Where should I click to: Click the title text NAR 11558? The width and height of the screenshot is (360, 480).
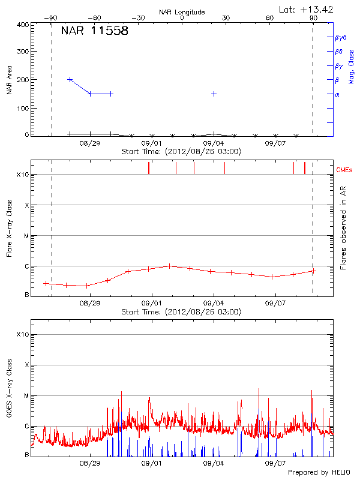(x=94, y=32)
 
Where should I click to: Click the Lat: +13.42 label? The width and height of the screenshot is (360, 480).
(x=307, y=9)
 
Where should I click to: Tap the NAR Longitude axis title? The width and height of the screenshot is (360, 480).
(x=182, y=12)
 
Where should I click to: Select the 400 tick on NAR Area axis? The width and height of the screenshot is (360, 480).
(x=23, y=25)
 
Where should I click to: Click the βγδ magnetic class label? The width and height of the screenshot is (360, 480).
(x=340, y=37)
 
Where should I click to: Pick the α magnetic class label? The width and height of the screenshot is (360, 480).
(x=337, y=94)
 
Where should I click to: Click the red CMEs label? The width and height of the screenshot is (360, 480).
(x=344, y=170)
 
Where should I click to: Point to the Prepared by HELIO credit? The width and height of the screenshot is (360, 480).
(x=319, y=473)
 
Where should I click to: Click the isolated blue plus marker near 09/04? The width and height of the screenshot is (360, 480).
(x=214, y=94)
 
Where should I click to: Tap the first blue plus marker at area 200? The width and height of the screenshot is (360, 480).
(x=70, y=79)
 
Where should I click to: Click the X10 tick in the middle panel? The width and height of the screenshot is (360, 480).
(x=23, y=175)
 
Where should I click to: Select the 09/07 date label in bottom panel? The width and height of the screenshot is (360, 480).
(x=275, y=463)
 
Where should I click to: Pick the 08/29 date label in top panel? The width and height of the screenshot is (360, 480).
(x=89, y=143)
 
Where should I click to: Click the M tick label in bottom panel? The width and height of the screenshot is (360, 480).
(x=26, y=396)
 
